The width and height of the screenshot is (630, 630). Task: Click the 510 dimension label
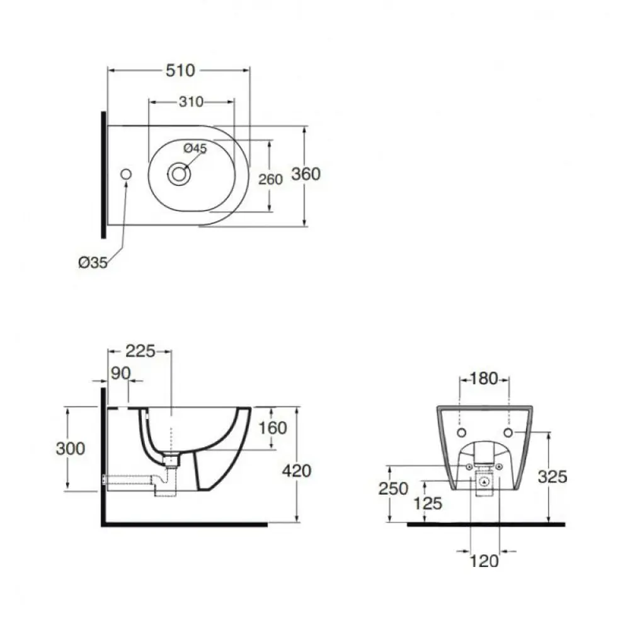[x=180, y=71]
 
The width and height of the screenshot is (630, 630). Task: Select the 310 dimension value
[x=192, y=102]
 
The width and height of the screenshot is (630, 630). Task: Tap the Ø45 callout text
[x=195, y=148]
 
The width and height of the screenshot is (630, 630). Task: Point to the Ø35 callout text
[x=93, y=263]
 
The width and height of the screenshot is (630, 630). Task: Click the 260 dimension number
[x=270, y=179]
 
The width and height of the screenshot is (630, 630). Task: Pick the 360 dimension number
[x=306, y=174]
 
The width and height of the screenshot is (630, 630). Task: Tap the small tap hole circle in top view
[x=126, y=174]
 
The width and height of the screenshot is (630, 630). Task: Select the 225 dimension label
[x=140, y=351]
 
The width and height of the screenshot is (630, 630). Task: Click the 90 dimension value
[x=121, y=373]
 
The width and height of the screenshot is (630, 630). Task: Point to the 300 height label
[x=71, y=449]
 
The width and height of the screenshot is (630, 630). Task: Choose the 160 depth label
[x=272, y=428]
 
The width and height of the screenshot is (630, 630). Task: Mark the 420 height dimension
[x=297, y=471]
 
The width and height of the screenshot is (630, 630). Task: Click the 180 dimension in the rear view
[x=483, y=379]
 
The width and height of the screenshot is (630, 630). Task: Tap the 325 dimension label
[x=553, y=477]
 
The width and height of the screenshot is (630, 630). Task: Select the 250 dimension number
[x=393, y=489]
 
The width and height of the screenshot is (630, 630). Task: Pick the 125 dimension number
[x=428, y=503]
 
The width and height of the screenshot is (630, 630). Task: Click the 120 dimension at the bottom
[x=484, y=561]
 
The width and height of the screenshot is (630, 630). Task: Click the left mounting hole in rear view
[x=462, y=433]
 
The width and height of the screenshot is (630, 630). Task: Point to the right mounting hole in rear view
[x=508, y=433]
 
